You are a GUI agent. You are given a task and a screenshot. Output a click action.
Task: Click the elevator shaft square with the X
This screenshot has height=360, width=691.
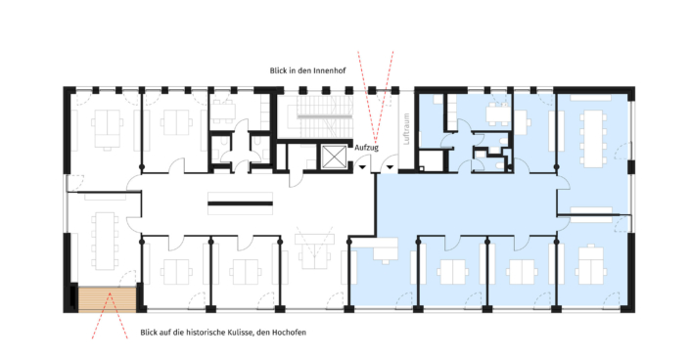pos(334,156)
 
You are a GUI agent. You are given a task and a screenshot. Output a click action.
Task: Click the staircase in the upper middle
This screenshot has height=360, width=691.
pos(324,115)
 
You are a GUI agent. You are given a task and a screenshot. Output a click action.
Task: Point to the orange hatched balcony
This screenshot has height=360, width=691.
pos(106,297)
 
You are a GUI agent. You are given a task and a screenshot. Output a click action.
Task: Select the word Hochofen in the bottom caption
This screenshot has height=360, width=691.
pos(284,334)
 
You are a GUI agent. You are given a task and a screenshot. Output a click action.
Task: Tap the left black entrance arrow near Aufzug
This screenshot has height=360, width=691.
pos(363,168)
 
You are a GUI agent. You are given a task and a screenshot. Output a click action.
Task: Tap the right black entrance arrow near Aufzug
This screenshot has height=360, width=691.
pos(391,168)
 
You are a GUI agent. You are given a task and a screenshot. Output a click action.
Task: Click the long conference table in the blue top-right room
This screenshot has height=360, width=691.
pos(593,135)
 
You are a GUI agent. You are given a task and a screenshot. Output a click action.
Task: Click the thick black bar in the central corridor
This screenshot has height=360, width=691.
pos(240,203)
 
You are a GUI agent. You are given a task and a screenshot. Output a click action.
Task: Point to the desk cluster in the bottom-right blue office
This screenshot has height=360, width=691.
pos(590,264)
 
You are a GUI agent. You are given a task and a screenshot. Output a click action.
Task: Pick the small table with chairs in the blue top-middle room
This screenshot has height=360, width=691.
pos(496,114)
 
